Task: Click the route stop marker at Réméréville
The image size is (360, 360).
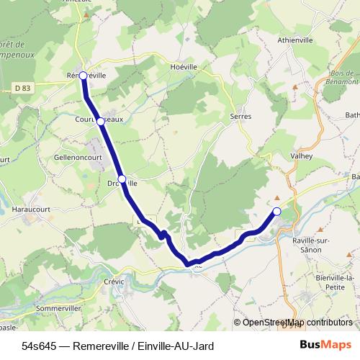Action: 83,75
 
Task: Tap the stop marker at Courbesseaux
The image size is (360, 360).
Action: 101,122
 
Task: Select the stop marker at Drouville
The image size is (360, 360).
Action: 122,179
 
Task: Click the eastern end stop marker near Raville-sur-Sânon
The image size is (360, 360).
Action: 276,211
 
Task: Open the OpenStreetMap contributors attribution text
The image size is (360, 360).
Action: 294,322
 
